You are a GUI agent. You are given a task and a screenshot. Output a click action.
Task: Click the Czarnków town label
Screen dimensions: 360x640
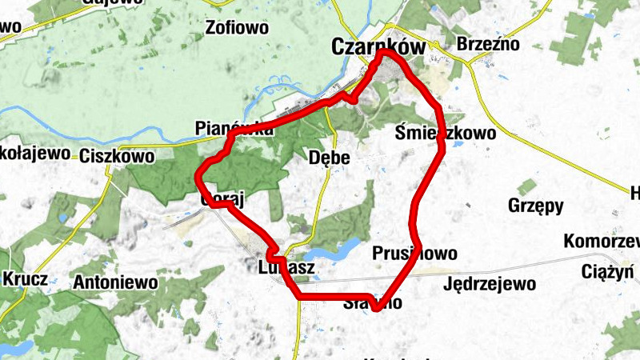[378, 48]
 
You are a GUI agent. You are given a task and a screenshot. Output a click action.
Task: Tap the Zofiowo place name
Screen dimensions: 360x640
[236, 29]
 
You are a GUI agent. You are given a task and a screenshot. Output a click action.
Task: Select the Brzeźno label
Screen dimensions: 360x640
[488, 44]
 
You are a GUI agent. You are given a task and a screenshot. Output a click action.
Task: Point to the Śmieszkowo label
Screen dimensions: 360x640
[445, 134]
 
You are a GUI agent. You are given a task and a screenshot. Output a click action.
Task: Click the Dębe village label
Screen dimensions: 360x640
[330, 158]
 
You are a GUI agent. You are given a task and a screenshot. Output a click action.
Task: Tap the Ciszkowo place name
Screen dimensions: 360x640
[117, 156]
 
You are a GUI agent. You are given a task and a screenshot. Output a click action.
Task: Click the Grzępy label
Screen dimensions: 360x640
[535, 206]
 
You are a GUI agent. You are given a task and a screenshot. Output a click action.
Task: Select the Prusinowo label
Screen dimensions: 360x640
[414, 254]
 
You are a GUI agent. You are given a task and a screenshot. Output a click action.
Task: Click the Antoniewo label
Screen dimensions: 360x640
[114, 282]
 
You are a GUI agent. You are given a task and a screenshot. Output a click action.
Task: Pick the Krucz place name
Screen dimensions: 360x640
[26, 280]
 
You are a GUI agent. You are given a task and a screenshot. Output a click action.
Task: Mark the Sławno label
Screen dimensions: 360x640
[371, 303]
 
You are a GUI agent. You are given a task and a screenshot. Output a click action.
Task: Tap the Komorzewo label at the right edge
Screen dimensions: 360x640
[602, 241]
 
